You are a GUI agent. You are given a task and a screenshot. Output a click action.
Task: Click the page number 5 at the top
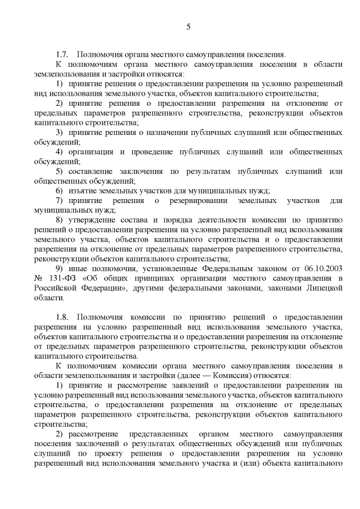tap(188, 26)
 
